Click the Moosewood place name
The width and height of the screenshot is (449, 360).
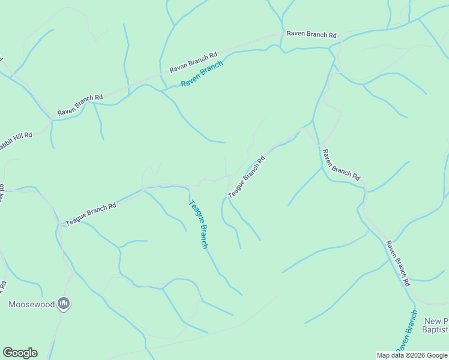(32, 304)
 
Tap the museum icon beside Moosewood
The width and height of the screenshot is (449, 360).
(64, 304)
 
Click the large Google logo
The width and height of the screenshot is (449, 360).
(20, 353)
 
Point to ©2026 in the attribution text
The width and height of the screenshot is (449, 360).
(412, 355)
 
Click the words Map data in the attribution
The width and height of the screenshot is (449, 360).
(389, 355)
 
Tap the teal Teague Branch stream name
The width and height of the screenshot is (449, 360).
(199, 224)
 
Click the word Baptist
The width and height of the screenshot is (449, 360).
(435, 329)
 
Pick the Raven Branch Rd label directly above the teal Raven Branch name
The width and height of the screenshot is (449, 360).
(193, 63)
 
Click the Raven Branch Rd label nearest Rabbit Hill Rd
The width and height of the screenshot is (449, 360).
(80, 104)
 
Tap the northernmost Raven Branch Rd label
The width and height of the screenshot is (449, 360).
(312, 34)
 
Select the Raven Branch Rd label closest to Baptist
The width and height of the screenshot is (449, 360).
(397, 263)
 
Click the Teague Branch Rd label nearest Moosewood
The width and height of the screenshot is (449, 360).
(91, 214)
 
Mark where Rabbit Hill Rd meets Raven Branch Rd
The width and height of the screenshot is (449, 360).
(51, 121)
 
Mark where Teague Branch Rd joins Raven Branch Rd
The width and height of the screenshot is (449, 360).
(312, 122)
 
